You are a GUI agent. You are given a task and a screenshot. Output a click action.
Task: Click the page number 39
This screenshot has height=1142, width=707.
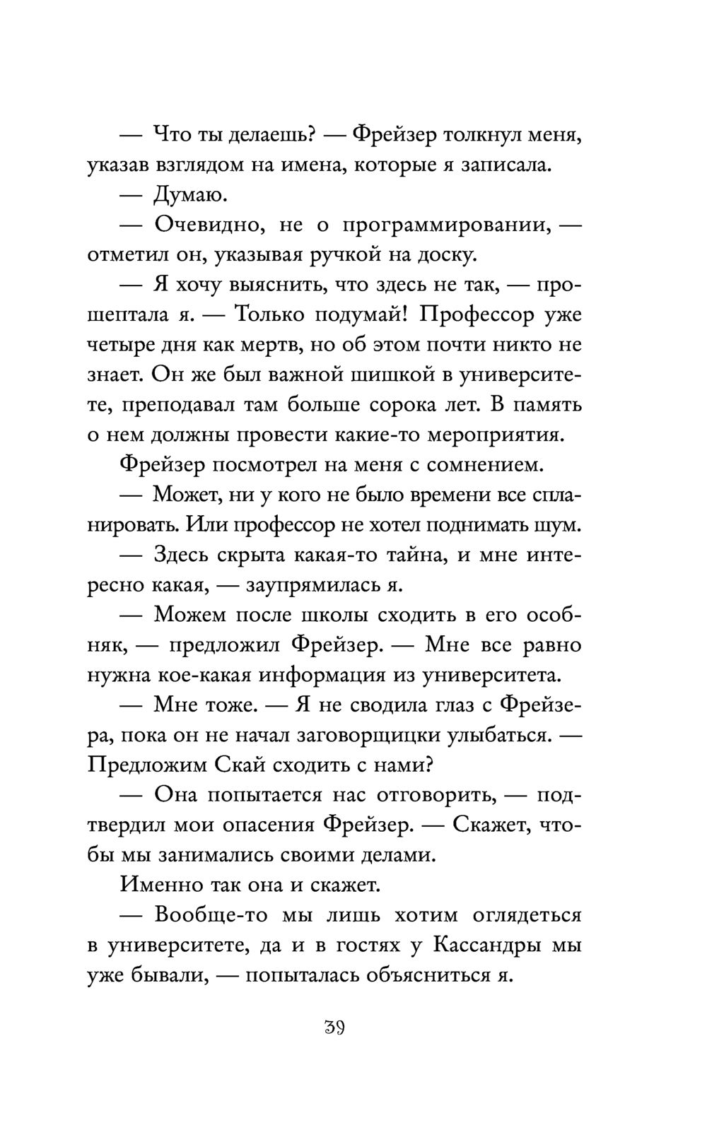click(x=334, y=1027)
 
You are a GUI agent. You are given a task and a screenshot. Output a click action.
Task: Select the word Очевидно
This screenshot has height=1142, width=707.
click(x=209, y=225)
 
